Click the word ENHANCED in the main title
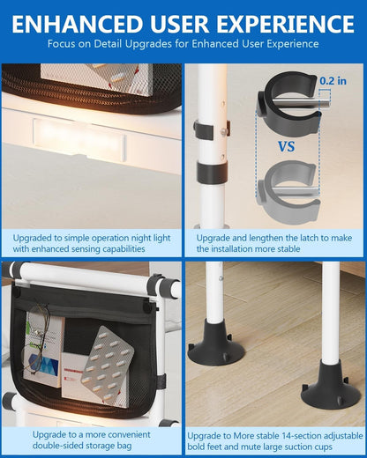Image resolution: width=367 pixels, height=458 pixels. coord(77,24)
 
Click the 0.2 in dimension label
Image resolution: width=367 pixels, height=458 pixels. coord(333,81)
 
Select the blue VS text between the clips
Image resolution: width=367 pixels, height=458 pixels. coord(287,146)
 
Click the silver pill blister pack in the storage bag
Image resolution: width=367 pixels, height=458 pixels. coord(108,365)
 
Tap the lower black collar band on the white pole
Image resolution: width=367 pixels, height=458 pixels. coord(212,172)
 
